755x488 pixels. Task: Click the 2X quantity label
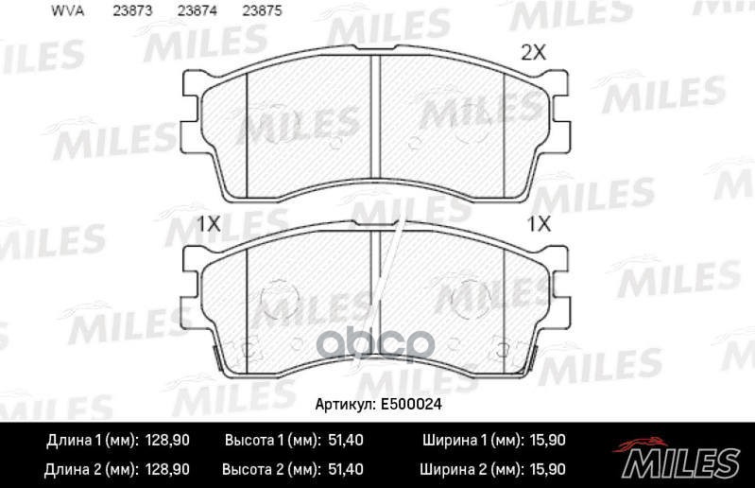[534, 53]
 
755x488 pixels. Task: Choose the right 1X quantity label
[539, 224]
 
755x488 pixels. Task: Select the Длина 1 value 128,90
[166, 441]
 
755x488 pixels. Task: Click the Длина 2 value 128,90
[166, 469]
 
